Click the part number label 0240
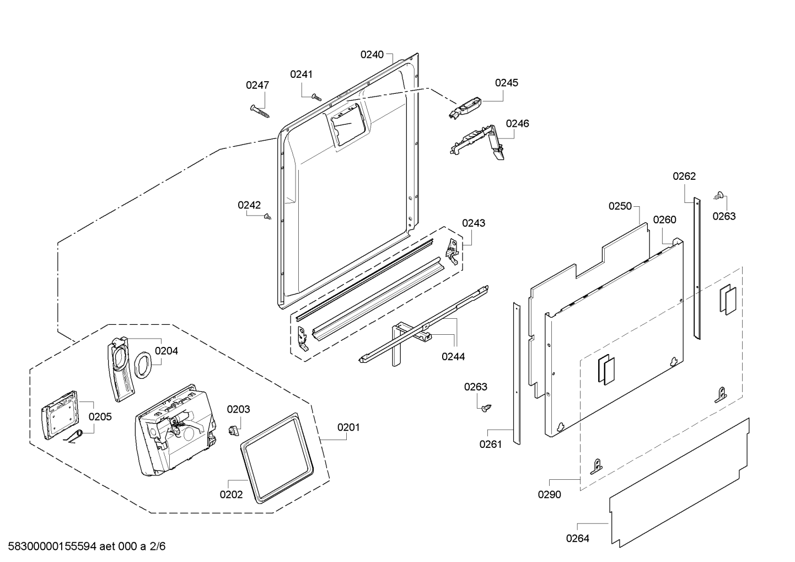pos(372,55)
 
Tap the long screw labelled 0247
pos(260,111)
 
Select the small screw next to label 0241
pos(316,97)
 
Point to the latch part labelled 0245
pos(465,108)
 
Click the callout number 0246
pos(518,124)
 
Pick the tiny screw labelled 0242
pos(268,216)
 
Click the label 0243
pos(474,223)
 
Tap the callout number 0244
pos(453,356)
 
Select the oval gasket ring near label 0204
pos(143,365)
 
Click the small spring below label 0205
pos(74,436)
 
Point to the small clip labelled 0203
pos(234,431)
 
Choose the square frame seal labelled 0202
pos(277,458)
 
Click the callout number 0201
pos(348,427)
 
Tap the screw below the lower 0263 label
pos(486,408)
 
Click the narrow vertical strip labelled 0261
pos(517,373)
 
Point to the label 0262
pos(684,176)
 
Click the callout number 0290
pos(550,495)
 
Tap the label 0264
pos(577,539)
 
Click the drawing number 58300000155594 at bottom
pos(52,547)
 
